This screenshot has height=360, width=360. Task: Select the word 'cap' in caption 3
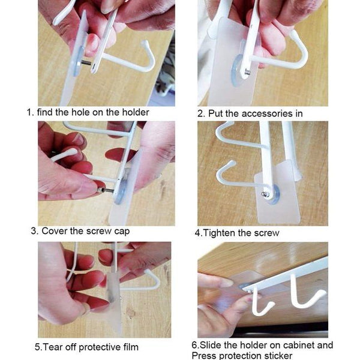122,232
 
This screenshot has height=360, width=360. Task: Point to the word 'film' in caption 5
130,347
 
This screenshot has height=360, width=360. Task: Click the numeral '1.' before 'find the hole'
31,113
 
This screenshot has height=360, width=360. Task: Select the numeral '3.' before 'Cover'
35,231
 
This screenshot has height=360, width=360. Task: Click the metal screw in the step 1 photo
86,63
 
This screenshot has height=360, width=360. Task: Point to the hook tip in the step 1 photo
145,43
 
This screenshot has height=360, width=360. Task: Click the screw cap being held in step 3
101,190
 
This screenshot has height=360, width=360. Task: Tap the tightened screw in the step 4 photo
266,194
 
